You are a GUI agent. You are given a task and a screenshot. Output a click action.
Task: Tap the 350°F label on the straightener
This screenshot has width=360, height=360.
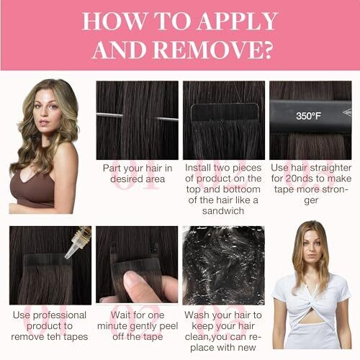coord(308,116)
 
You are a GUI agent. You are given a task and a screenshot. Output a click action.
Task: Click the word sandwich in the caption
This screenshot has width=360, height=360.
coord(223,211)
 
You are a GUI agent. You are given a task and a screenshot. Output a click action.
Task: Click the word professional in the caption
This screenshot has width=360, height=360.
coord(60,315)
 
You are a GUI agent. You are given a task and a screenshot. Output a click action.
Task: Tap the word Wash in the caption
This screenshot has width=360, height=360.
coord(195,315)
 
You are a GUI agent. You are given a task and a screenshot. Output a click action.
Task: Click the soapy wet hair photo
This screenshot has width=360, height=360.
coord(223,266)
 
